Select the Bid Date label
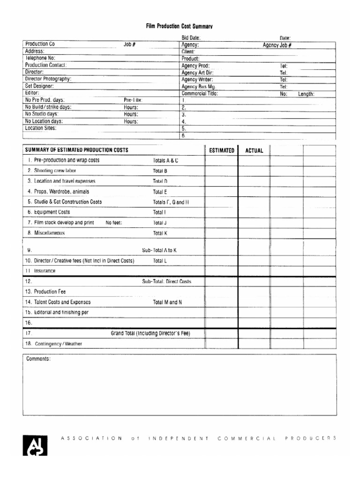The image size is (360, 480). (191, 38)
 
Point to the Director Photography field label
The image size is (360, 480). (48, 79)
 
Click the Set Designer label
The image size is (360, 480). (39, 86)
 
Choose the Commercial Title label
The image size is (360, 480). (200, 93)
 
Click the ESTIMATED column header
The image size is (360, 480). (221, 150)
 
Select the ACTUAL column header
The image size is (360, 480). (254, 150)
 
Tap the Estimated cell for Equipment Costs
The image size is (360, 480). (221, 212)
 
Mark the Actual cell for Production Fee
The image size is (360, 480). (254, 292)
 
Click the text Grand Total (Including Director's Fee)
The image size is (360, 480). (150, 333)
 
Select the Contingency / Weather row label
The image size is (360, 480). (58, 344)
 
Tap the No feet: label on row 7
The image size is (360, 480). (114, 223)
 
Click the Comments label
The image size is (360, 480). (38, 359)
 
